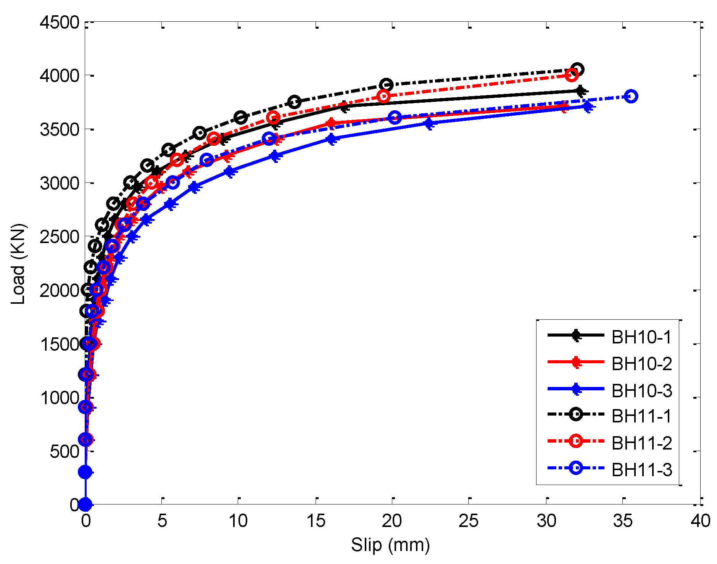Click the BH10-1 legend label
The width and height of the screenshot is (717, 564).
click(x=641, y=337)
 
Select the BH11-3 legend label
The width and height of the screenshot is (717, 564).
click(x=641, y=470)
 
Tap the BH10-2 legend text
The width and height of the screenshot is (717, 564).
click(x=641, y=364)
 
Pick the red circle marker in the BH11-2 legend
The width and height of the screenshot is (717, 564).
click(x=576, y=441)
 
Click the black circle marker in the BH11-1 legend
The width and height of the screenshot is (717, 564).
click(x=576, y=414)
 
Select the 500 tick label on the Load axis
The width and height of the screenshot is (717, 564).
click(x=64, y=452)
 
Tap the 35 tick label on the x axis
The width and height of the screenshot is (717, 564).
click(x=623, y=521)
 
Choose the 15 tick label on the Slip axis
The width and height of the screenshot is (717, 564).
click(x=316, y=521)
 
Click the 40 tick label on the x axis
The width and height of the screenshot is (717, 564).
click(x=700, y=521)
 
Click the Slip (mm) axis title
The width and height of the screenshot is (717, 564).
click(x=390, y=545)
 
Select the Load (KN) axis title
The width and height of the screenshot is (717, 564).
click(x=18, y=264)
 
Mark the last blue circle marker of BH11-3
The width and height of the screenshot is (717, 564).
click(x=631, y=96)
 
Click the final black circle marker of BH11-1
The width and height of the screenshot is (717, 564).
click(x=577, y=69)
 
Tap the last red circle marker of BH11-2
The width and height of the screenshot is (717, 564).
click(x=571, y=75)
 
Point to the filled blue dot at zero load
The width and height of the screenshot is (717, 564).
click(x=85, y=504)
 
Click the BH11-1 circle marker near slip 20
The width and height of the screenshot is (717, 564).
click(x=386, y=84)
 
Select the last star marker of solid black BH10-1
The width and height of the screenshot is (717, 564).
click(x=580, y=91)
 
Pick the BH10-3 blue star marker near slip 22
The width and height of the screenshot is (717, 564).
click(x=429, y=123)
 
